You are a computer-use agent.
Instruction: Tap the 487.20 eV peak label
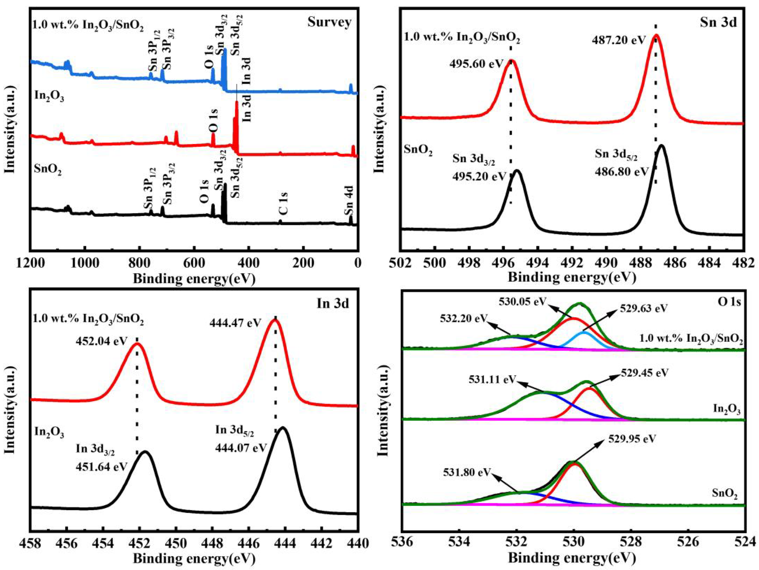pyautogui.click(x=619, y=40)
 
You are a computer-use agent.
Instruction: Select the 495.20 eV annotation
pyautogui.click(x=479, y=176)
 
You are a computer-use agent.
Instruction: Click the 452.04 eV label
pyautogui.click(x=102, y=341)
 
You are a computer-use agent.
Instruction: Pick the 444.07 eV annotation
pyautogui.click(x=241, y=448)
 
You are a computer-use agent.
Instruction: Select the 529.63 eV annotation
pyautogui.click(x=644, y=308)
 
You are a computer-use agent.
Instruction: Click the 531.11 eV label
pyautogui.click(x=492, y=379)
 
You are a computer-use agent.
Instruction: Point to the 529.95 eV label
pyautogui.click(x=632, y=439)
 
